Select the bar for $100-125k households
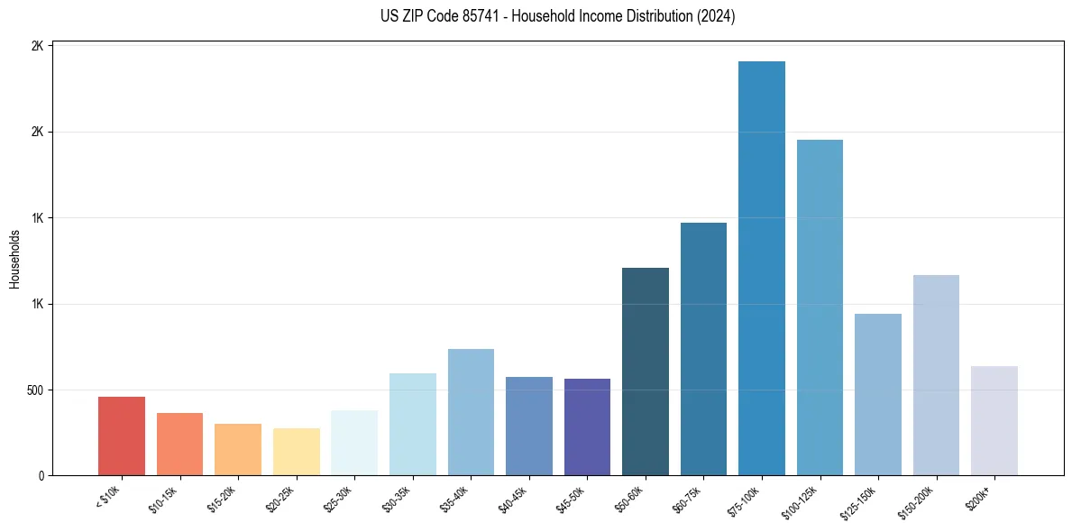tap(820, 307)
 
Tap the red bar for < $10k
tap(122, 436)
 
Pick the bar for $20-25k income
tap(297, 452)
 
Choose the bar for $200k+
tap(994, 420)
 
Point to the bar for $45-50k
tap(587, 427)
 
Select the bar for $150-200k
tap(936, 375)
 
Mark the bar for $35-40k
tap(471, 412)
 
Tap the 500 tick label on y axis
tap(35, 390)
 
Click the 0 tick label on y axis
tap(41, 476)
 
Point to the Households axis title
tap(15, 259)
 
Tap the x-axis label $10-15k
tap(165, 499)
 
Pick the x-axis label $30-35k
tap(398, 499)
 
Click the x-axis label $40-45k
tap(514, 499)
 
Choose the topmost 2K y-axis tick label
tap(38, 46)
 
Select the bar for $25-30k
tap(354, 443)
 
